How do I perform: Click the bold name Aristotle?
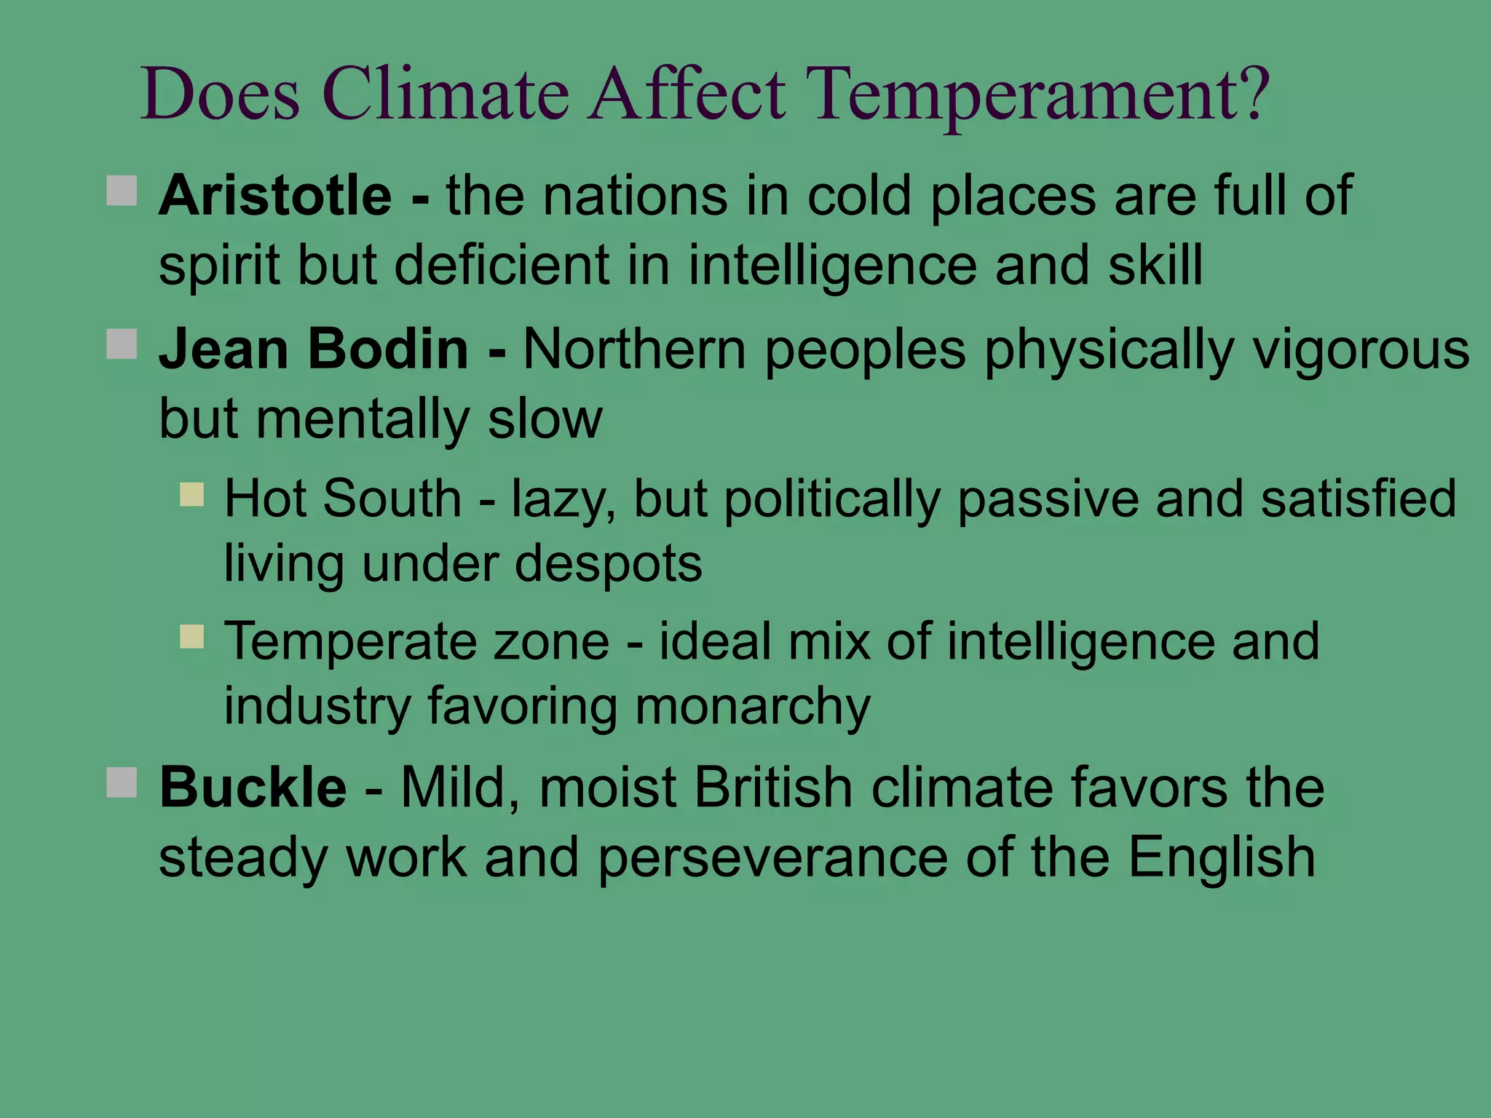[x=275, y=197]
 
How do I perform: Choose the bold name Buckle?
[x=253, y=788]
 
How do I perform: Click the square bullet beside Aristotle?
[x=122, y=191]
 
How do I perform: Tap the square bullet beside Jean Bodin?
[x=122, y=344]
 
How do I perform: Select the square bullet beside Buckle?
[x=122, y=782]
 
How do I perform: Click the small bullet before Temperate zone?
[x=192, y=637]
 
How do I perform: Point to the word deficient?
[x=502, y=265]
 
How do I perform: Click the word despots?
[x=608, y=564]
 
